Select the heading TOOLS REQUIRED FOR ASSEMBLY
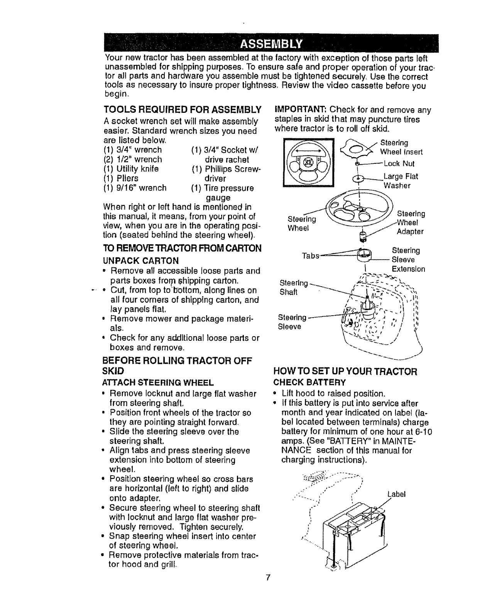coord(183,108)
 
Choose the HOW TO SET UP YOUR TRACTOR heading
coord(345,372)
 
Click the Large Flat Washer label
coord(400,181)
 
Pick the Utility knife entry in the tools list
coord(131,169)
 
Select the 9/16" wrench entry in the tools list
coord(135,188)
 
